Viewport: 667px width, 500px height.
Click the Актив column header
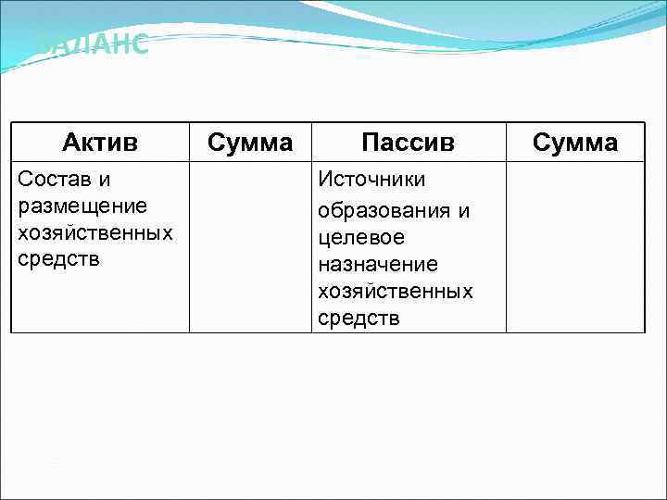pyautogui.click(x=100, y=143)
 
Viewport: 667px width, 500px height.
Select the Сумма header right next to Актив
pyautogui.click(x=250, y=143)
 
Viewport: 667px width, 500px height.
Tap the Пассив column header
pyautogui.click(x=408, y=143)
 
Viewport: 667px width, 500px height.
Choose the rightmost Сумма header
pyautogui.click(x=575, y=143)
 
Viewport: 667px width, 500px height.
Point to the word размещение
pyautogui.click(x=82, y=205)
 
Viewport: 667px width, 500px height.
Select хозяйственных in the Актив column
pyautogui.click(x=95, y=231)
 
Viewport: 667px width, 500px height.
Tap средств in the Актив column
pyautogui.click(x=59, y=258)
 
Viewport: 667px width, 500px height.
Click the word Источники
pyautogui.click(x=371, y=178)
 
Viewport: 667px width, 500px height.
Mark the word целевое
pyautogui.click(x=361, y=238)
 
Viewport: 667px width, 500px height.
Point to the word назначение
pyautogui.click(x=377, y=265)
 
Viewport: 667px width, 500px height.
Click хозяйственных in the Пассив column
pyautogui.click(x=396, y=292)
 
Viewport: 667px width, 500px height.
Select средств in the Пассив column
pyautogui.click(x=359, y=319)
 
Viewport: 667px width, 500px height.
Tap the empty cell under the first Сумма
pyautogui.click(x=250, y=246)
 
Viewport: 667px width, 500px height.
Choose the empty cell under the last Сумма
pyautogui.click(x=575, y=246)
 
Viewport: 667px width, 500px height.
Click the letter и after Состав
pyautogui.click(x=105, y=178)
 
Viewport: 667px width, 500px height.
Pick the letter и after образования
pyautogui.click(x=463, y=211)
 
